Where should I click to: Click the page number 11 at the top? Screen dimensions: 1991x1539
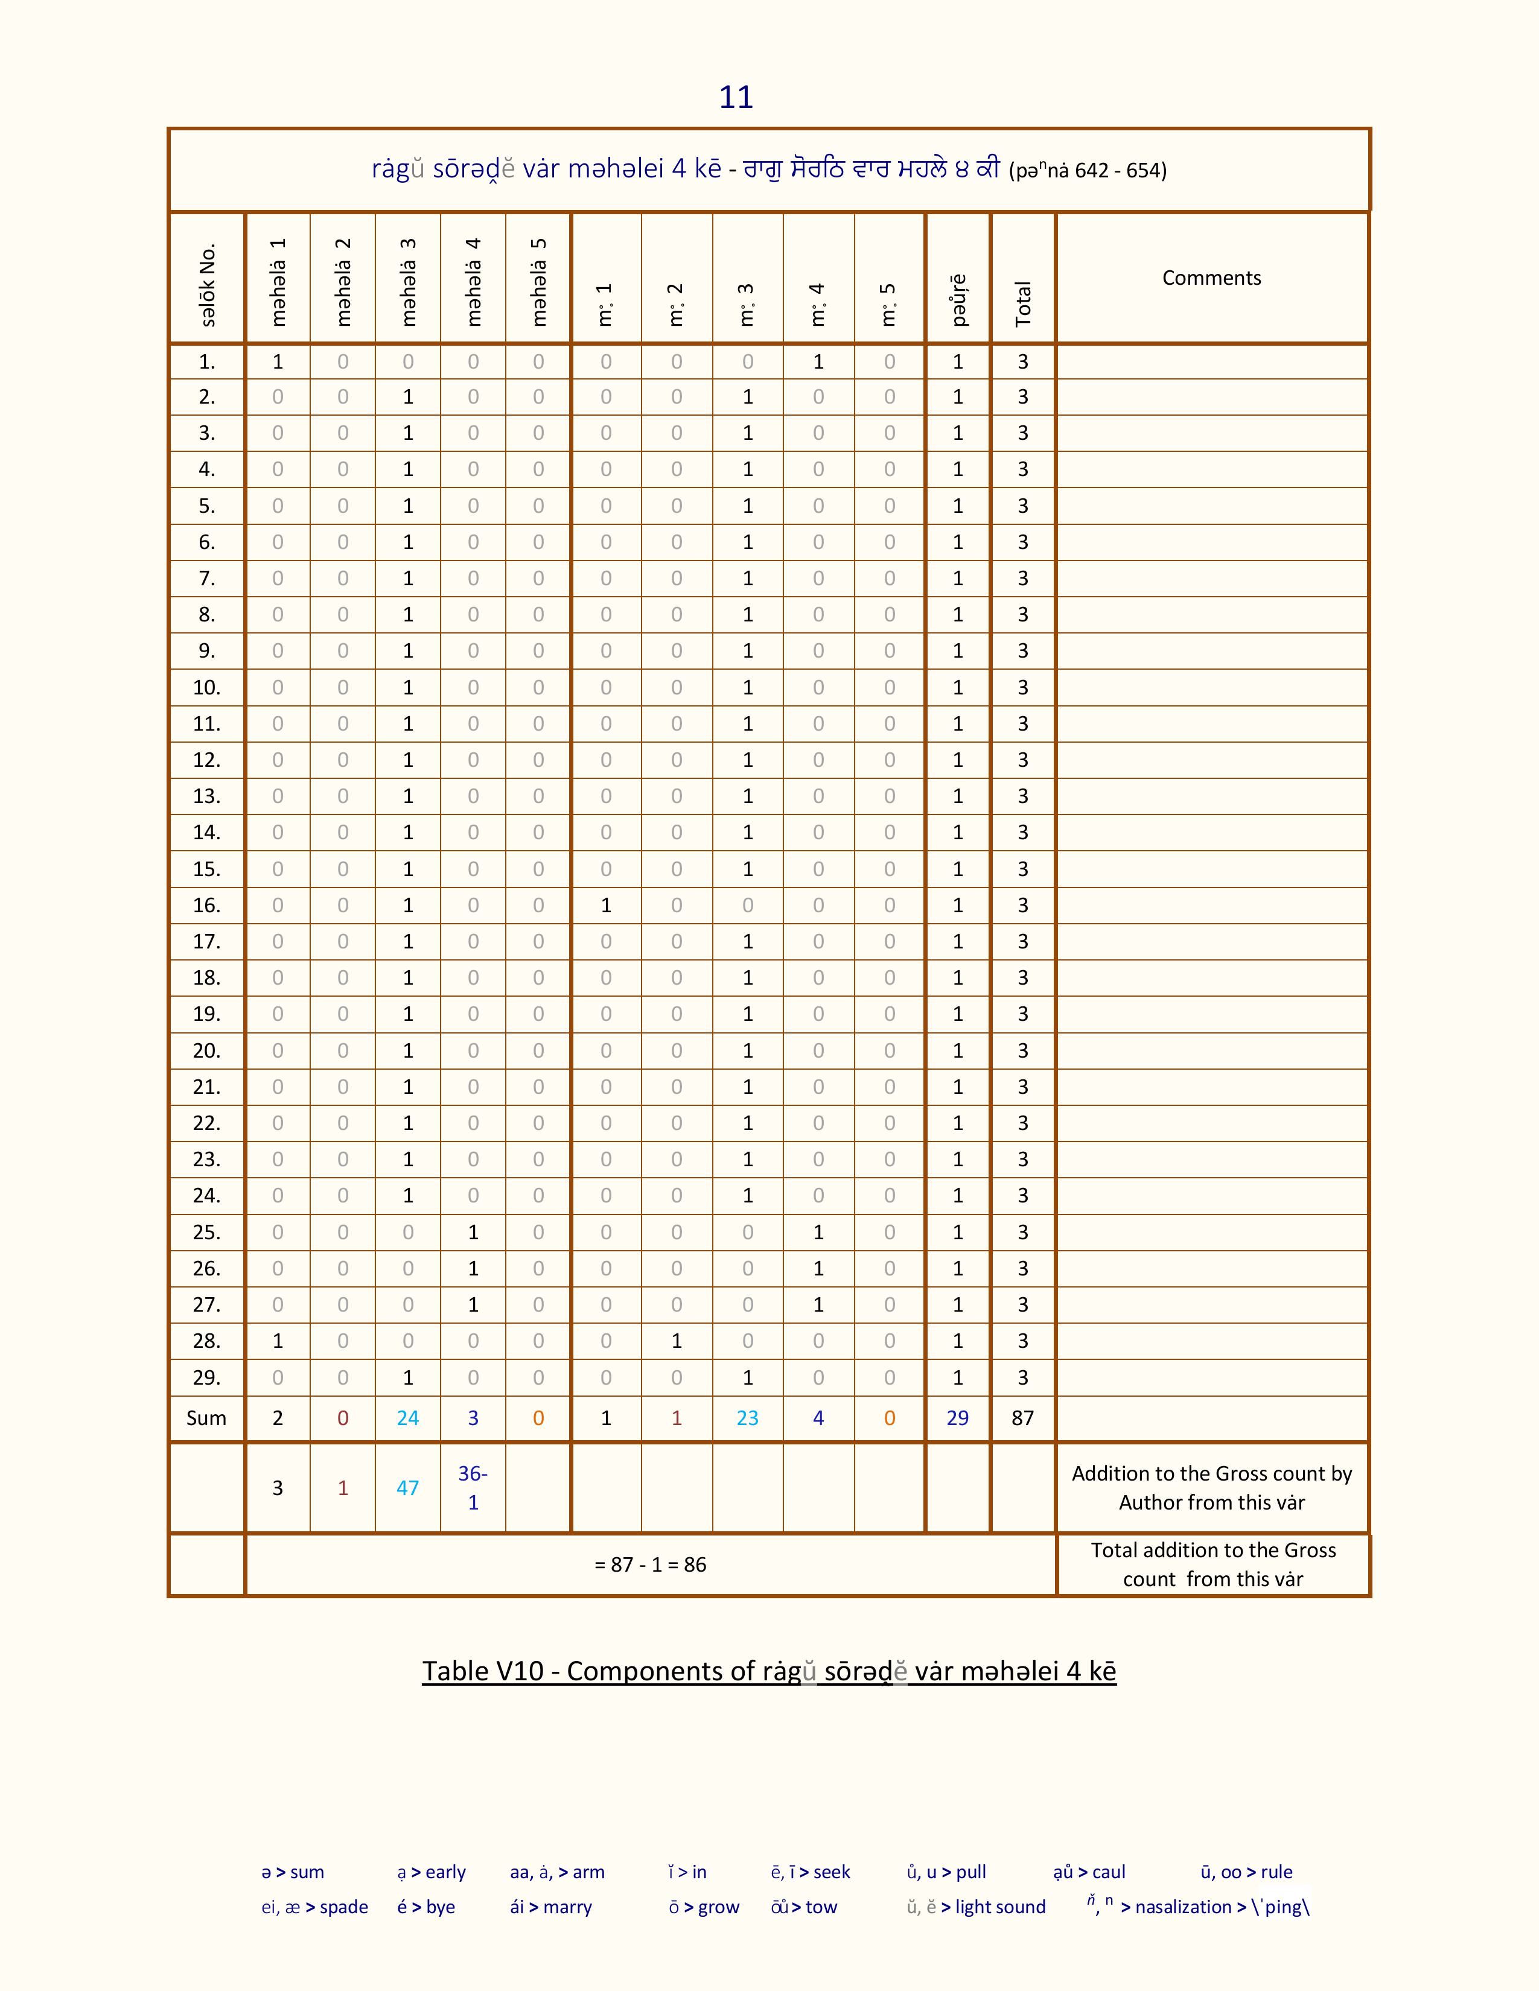736,97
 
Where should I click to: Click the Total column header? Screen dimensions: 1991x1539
1023,303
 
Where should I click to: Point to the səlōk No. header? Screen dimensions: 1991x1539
208,284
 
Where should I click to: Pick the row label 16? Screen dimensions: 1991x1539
207,905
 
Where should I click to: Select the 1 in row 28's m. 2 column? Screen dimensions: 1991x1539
677,1341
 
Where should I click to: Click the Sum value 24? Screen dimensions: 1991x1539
407,1418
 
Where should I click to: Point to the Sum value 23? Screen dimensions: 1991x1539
748,1418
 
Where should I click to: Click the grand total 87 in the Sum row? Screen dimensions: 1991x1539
1023,1418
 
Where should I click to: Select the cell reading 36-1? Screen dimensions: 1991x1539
473,1488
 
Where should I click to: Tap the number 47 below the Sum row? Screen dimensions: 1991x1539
407,1488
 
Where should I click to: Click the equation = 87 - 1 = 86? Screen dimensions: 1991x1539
650,1564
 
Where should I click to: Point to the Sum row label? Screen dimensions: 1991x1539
206,1418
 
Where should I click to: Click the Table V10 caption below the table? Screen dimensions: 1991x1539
768,1671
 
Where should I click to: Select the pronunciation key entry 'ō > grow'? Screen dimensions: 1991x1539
704,1907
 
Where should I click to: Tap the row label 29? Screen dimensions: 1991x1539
207,1377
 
